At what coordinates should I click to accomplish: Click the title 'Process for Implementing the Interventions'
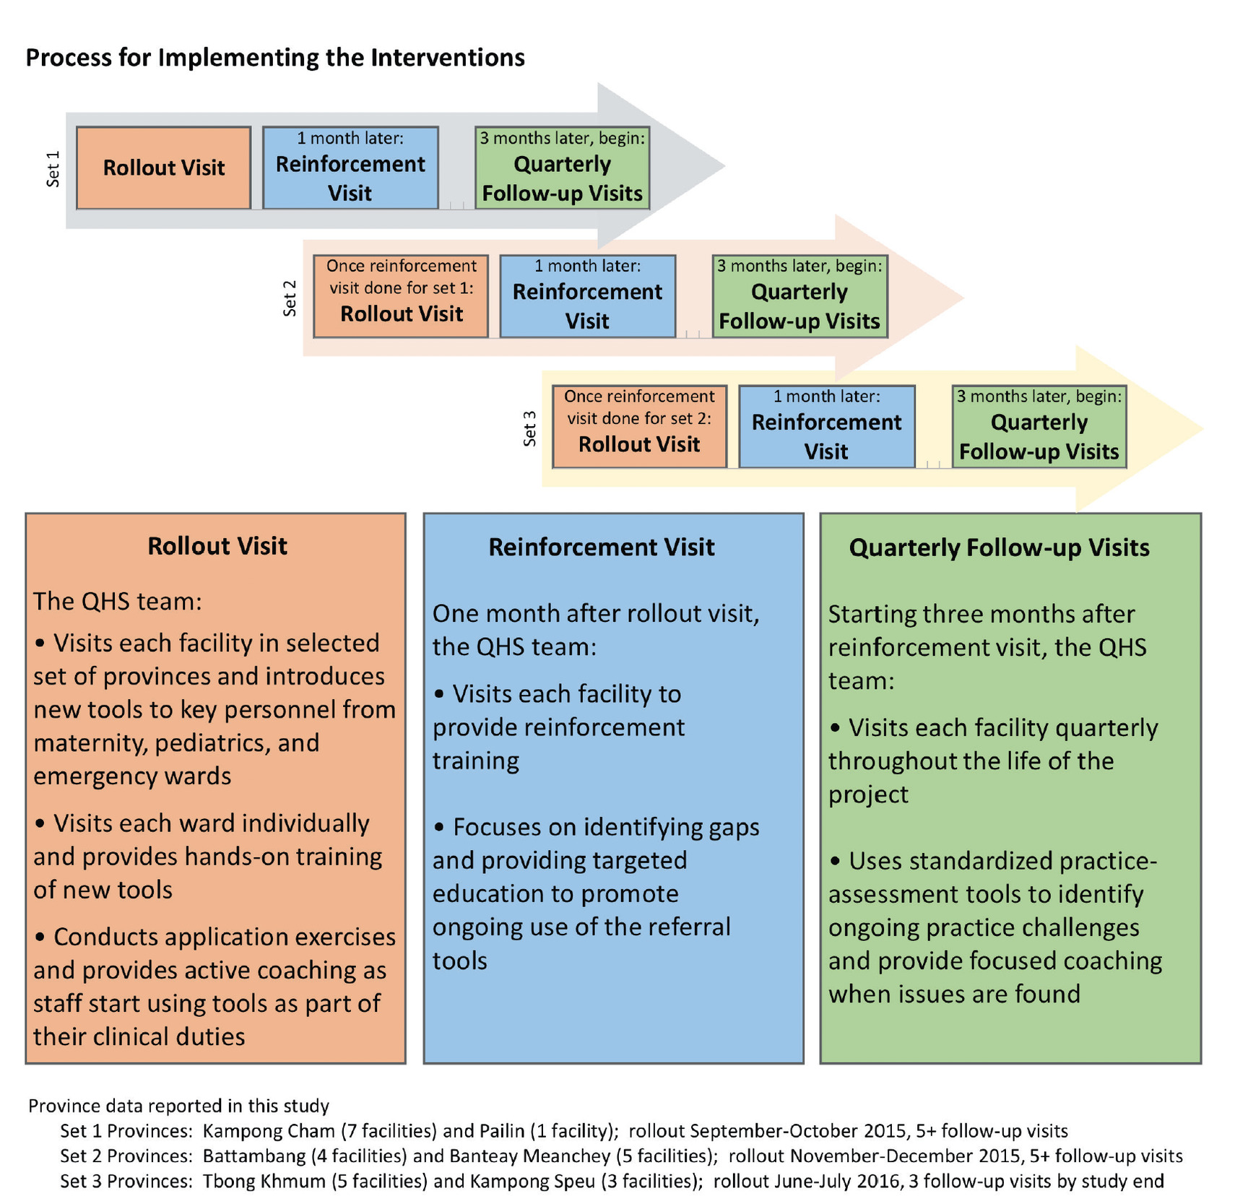click(275, 58)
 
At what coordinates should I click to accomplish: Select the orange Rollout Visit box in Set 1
click(164, 168)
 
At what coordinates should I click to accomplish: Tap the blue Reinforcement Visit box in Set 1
click(350, 168)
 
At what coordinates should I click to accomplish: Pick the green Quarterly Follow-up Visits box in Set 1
click(562, 168)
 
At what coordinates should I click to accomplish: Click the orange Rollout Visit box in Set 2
click(401, 296)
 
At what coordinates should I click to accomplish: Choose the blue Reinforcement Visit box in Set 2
click(587, 296)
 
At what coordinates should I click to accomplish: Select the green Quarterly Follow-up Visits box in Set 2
click(799, 296)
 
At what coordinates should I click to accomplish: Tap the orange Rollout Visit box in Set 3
click(639, 426)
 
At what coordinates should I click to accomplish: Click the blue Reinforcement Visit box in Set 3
click(826, 426)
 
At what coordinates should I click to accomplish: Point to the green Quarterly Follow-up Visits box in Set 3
click(1039, 426)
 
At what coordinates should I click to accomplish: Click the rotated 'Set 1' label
click(53, 169)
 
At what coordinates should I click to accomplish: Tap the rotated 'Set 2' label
click(290, 298)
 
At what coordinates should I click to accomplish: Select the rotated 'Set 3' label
click(529, 428)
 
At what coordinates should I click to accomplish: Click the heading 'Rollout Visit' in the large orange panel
click(217, 546)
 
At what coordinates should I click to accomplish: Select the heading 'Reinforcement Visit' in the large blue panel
click(601, 547)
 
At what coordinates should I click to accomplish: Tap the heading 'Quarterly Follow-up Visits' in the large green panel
click(999, 547)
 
